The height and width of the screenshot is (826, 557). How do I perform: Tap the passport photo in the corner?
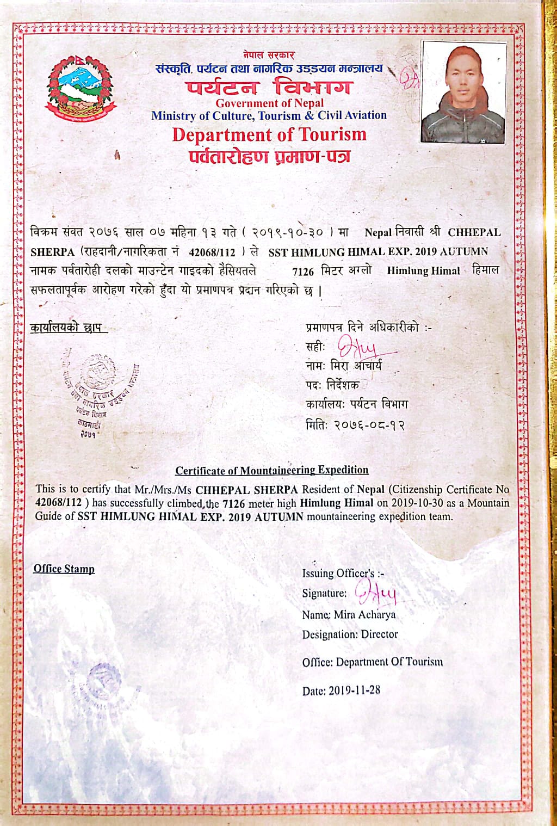pos(463,94)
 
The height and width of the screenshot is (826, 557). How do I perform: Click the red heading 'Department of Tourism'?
pos(269,134)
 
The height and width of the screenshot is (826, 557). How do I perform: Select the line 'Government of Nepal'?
pos(269,103)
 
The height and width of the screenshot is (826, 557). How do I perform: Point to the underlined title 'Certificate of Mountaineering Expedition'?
pos(271,470)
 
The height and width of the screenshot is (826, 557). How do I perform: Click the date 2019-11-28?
pos(354,690)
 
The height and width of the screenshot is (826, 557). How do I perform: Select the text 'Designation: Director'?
pos(350,634)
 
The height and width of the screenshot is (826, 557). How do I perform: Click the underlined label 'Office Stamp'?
pos(64,569)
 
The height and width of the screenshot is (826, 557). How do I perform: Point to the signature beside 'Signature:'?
pos(376,593)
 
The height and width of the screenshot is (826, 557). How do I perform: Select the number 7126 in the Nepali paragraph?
pos(303,271)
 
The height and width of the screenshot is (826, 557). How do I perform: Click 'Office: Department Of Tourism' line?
pos(372,662)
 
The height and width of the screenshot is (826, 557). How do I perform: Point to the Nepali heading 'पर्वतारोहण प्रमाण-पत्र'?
pos(269,157)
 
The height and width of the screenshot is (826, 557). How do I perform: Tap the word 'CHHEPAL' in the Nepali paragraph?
pos(474,232)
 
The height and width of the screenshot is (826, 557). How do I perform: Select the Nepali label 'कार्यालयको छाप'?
pos(66,328)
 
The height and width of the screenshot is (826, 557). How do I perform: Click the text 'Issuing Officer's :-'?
pos(343,573)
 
